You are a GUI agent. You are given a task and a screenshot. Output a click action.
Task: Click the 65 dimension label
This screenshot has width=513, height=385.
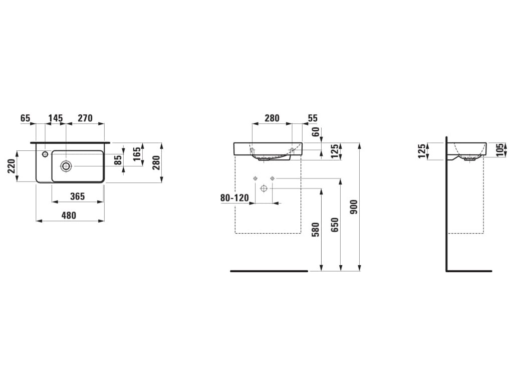(26, 118)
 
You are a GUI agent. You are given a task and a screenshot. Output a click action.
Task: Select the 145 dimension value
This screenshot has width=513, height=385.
(55, 118)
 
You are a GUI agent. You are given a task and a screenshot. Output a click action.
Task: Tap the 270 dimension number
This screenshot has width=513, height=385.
(85, 118)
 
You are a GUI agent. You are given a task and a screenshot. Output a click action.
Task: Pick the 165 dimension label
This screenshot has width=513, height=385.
(136, 154)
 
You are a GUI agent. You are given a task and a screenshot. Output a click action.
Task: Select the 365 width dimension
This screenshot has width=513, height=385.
(77, 196)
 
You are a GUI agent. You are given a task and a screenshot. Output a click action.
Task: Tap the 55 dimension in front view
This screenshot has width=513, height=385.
(313, 118)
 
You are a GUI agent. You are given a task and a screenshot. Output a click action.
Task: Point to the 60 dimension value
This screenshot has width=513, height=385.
(315, 132)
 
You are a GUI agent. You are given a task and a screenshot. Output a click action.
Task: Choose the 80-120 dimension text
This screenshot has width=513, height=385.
(234, 198)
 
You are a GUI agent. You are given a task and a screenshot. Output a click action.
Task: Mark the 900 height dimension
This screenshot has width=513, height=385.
(354, 207)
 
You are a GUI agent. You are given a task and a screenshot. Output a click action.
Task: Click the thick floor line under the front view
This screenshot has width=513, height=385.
(269, 271)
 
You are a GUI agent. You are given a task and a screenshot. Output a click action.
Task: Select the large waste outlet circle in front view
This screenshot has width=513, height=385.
(264, 188)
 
